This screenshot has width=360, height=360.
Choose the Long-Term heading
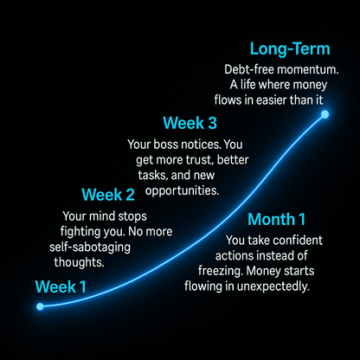[289, 48]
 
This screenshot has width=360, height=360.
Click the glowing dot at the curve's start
[40, 306]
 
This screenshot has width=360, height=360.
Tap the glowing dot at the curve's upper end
[325, 115]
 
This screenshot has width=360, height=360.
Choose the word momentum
[312, 69]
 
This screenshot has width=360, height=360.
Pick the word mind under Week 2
[104, 216]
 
